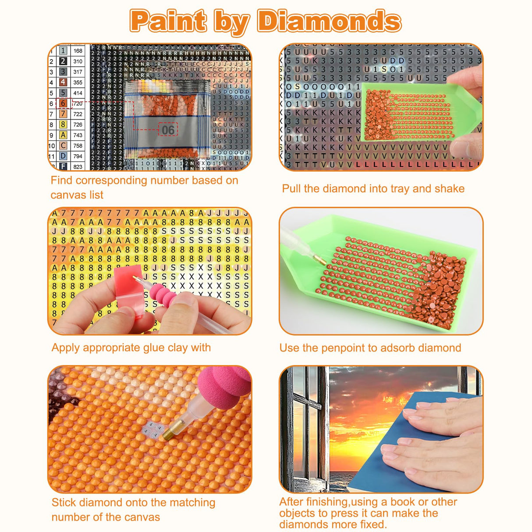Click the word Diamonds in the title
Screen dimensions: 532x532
[x=329, y=21]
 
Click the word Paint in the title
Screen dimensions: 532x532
[x=168, y=21]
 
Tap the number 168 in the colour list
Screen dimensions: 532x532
[x=78, y=51]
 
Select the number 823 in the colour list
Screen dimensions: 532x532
[x=78, y=167]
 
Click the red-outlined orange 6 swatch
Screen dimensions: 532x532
[x=63, y=103]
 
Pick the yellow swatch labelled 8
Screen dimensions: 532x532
[x=63, y=124]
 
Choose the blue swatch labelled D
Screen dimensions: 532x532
[x=63, y=156]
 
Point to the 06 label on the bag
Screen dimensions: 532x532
[x=168, y=130]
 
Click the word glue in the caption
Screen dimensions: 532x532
[x=154, y=348]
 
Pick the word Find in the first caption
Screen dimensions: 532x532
[x=61, y=181]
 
